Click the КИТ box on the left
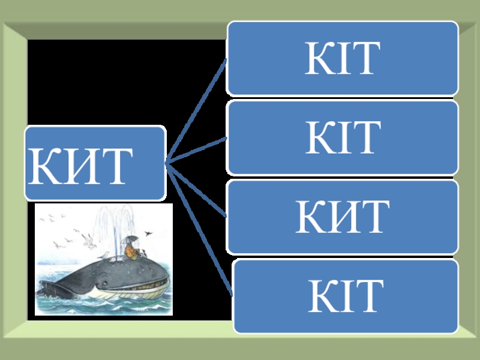[95, 163]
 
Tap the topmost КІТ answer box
[343, 58]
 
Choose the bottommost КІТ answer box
[346, 296]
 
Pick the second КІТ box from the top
[343, 137]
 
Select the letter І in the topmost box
[344, 59]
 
